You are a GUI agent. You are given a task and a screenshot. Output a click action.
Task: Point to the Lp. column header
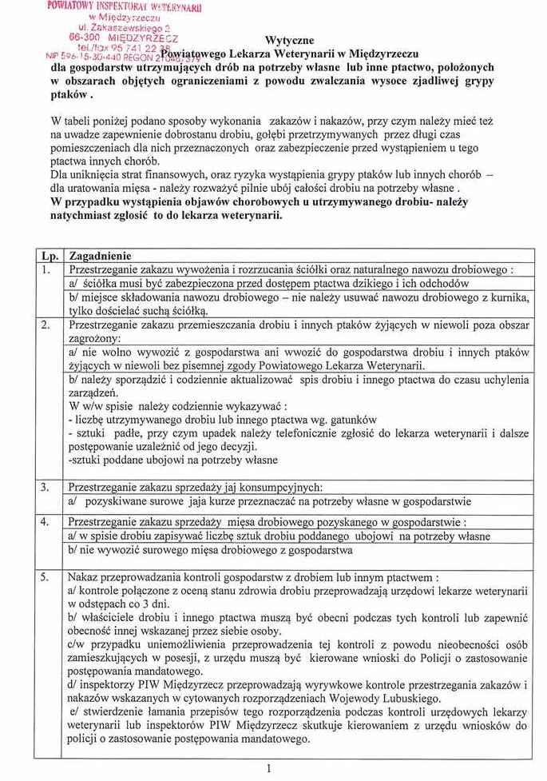coord(50,256)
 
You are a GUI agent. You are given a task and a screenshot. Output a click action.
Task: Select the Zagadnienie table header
coord(101,256)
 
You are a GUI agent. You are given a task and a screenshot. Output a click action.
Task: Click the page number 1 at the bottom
coord(270,768)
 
